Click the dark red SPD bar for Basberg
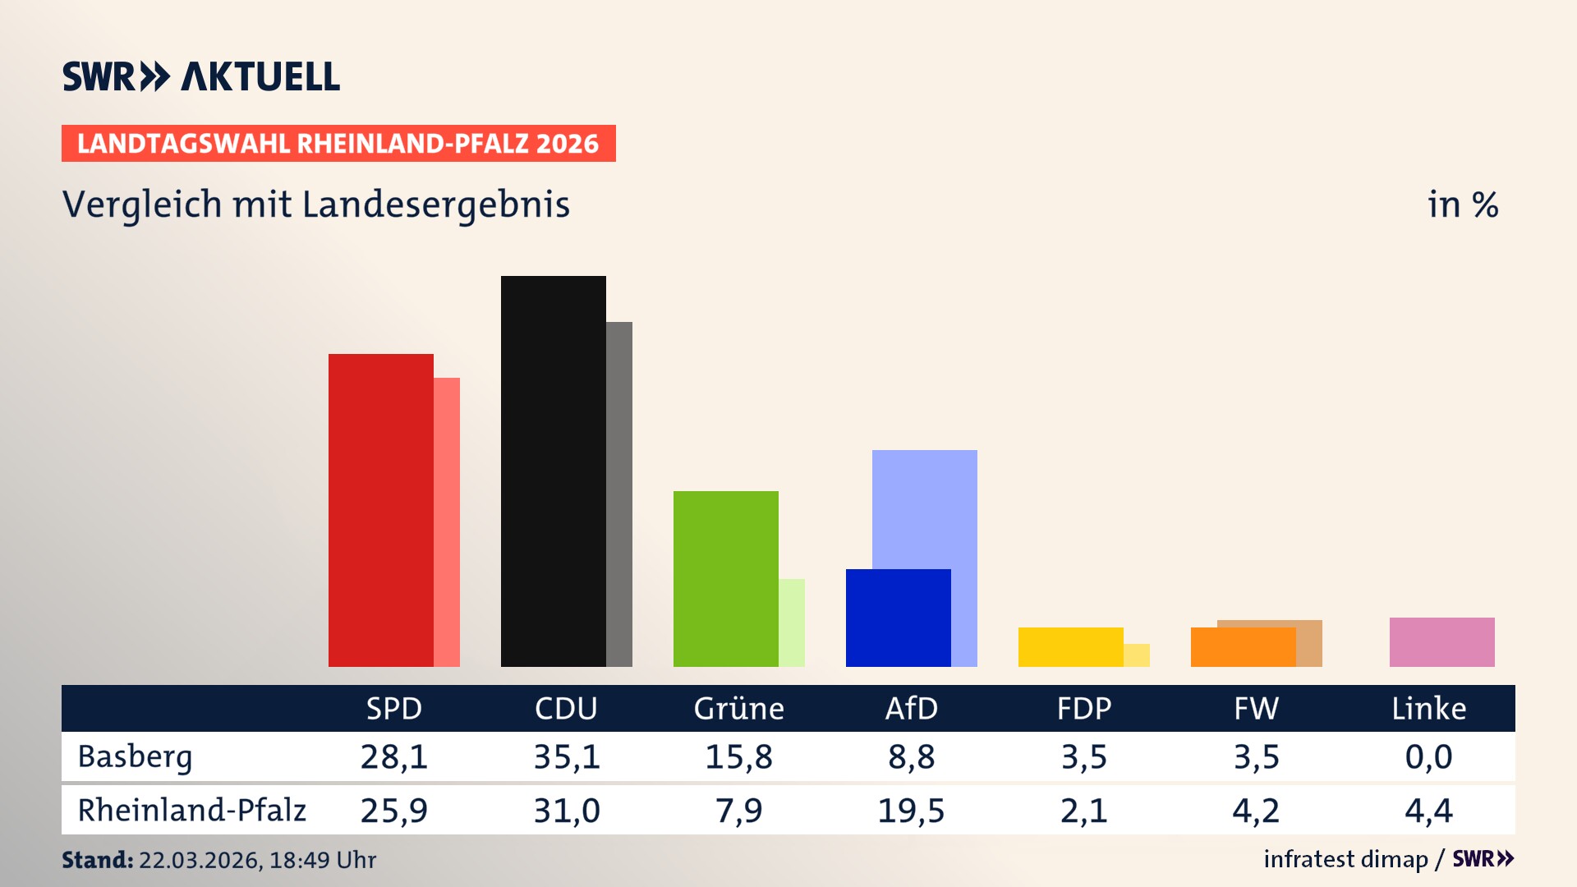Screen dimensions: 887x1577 click(x=380, y=509)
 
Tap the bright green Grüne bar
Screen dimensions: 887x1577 click(x=725, y=578)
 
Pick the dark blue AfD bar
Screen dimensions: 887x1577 click(x=898, y=618)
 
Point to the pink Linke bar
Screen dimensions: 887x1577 click(x=1441, y=642)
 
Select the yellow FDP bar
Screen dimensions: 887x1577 click(x=1070, y=647)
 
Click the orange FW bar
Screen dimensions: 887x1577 click(x=1242, y=647)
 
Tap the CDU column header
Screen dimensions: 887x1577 click(x=566, y=709)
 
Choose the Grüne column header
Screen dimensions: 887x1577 click(x=738, y=709)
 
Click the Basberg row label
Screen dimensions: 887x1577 click(x=135, y=756)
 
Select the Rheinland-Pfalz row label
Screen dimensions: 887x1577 click(x=191, y=811)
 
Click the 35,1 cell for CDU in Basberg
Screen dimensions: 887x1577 click(x=566, y=756)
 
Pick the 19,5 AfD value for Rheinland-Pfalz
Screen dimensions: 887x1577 click(x=911, y=811)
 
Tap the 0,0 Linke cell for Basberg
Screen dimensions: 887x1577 click(x=1428, y=756)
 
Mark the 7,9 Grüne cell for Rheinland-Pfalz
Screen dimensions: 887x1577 click(x=738, y=811)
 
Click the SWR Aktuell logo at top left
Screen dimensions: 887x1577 click(x=201, y=76)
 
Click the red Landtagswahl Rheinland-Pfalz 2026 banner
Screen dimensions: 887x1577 click(x=338, y=144)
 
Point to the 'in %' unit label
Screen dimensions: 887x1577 click(x=1462, y=205)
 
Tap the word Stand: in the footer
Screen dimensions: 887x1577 click(x=97, y=860)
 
